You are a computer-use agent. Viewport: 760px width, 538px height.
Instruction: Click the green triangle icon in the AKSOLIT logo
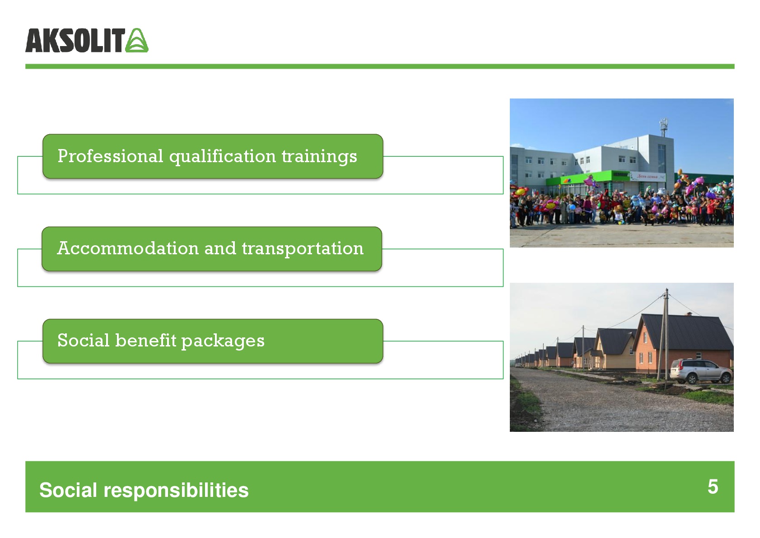click(x=137, y=40)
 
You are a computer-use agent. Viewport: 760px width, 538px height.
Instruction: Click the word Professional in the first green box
click(x=110, y=156)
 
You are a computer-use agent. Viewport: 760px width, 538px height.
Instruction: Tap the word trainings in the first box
click(x=319, y=157)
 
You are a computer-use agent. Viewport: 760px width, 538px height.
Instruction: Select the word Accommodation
click(x=128, y=248)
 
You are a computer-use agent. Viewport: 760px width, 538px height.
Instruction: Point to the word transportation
click(x=303, y=248)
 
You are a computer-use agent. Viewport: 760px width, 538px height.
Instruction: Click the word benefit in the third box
click(x=145, y=341)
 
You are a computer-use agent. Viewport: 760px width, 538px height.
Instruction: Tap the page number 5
click(x=713, y=487)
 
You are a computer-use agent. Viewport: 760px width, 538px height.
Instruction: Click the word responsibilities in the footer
click(x=176, y=491)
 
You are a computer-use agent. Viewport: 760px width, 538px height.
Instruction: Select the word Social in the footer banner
click(x=68, y=490)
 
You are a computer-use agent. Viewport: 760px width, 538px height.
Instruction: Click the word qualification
click(x=223, y=157)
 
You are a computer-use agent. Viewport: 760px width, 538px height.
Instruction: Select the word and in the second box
click(x=220, y=248)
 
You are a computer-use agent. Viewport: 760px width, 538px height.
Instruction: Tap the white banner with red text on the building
click(x=648, y=177)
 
